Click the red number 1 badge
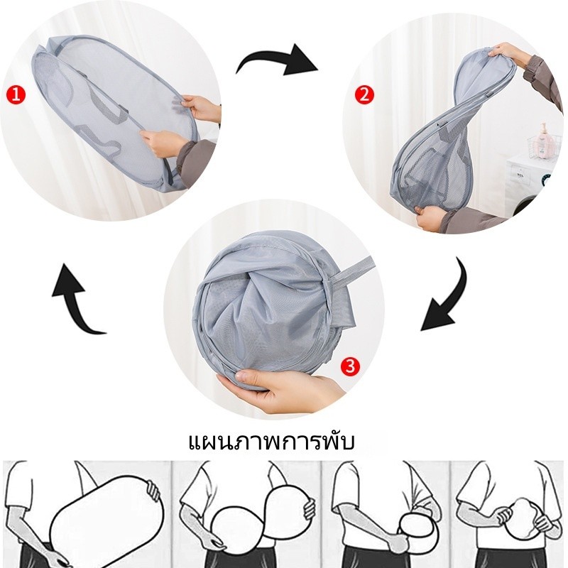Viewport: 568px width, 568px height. [16, 96]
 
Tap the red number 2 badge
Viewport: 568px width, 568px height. [364, 95]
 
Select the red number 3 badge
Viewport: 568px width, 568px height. [350, 366]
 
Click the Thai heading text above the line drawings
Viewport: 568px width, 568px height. [272, 442]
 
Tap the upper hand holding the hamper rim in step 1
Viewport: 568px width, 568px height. [200, 107]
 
